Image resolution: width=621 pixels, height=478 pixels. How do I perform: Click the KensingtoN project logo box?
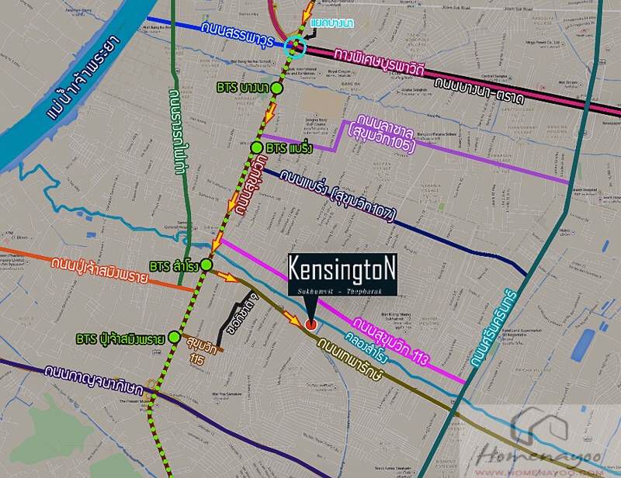(x=343, y=274)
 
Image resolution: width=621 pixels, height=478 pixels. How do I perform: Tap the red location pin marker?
(x=310, y=324)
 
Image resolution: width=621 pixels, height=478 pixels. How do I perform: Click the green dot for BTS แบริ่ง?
(x=257, y=147)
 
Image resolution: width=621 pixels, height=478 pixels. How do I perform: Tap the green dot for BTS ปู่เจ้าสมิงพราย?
(x=174, y=338)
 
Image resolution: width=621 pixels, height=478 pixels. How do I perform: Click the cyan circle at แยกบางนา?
(x=296, y=47)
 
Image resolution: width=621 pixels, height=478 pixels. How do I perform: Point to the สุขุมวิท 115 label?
(x=204, y=355)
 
